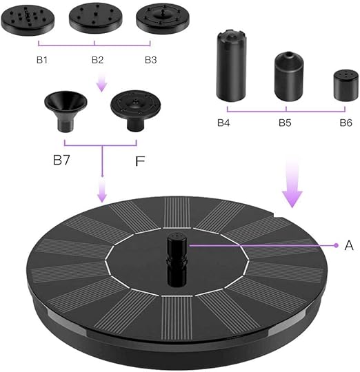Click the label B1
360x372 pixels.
tap(42, 60)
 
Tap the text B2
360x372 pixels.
tap(98, 60)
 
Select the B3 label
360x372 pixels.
tap(151, 60)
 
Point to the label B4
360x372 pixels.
tap(223, 123)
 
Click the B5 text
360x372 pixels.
tap(285, 123)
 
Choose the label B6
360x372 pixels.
tap(346, 123)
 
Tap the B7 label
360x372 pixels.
tap(61, 160)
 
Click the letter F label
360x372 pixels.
tap(140, 161)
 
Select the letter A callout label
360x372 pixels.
tap(349, 245)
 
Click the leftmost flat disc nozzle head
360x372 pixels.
tap(28, 20)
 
